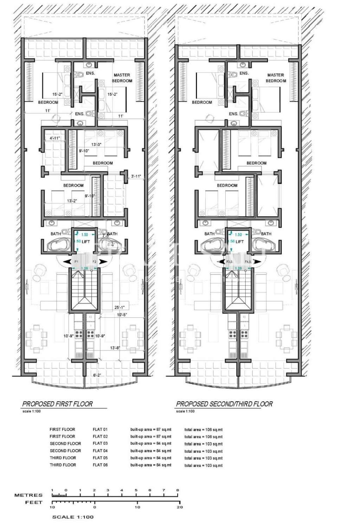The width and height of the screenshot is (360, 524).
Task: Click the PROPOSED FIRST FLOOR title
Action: coord(57,404)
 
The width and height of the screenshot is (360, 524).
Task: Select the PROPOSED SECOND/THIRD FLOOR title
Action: coord(224,404)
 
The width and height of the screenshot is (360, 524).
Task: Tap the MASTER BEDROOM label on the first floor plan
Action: coord(122,78)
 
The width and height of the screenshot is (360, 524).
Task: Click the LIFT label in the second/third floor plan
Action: coord(239,242)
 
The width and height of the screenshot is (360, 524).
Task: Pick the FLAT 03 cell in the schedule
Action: coord(100,444)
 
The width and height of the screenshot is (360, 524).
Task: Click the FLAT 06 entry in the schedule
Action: coord(100,465)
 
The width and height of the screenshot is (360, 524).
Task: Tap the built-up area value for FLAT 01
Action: coord(150,429)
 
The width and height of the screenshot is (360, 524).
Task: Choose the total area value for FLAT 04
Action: coord(203,451)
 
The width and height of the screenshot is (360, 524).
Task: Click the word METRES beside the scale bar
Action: coord(28,495)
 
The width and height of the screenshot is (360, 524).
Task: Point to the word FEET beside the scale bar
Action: coord(34,503)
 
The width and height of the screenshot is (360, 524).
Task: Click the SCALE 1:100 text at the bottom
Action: coord(73,517)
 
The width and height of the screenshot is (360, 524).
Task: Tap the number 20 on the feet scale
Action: coord(180,507)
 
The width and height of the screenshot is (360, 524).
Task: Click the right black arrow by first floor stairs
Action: coord(102,261)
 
